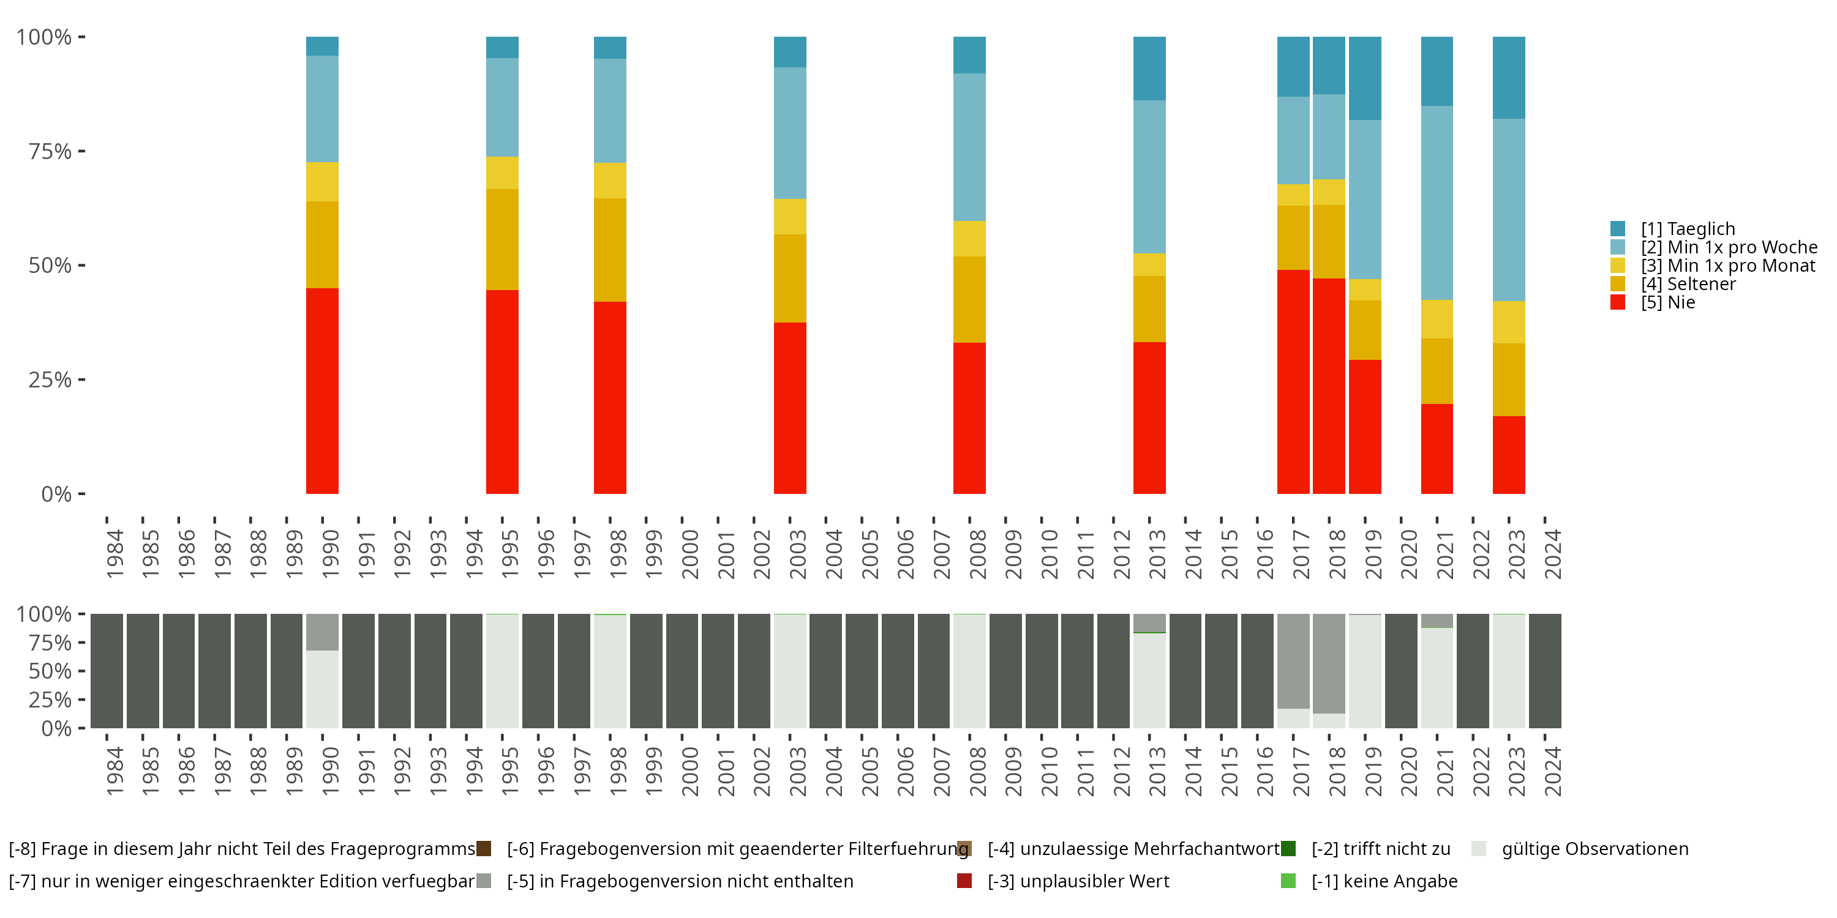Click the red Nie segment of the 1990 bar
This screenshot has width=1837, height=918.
pos(322,390)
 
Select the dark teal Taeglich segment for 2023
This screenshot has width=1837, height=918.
pos(1509,78)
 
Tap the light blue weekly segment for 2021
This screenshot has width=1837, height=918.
pos(1437,203)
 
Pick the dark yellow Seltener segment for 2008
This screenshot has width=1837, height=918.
pos(970,299)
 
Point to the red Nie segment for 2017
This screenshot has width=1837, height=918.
pos(1294,382)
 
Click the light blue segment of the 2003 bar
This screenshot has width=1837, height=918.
pos(790,133)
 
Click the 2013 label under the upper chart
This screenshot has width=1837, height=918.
pos(1157,554)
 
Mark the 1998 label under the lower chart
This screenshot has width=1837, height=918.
pos(618,771)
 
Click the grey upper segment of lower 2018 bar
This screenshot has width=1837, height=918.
pos(1329,663)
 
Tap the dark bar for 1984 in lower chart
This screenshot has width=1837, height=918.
pos(107,671)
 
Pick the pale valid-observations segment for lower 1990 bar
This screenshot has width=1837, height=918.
pos(322,689)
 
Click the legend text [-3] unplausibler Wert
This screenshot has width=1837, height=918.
pos(1078,882)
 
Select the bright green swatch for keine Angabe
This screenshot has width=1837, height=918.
pos(1288,881)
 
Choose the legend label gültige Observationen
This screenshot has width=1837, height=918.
pos(1595,849)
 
